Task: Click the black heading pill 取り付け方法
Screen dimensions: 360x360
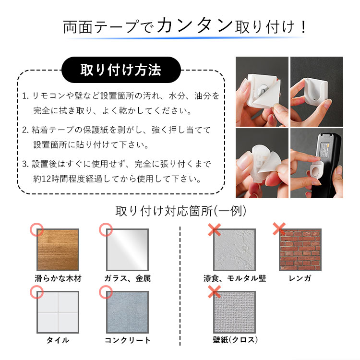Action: [121, 70]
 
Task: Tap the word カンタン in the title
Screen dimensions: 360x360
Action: [195, 26]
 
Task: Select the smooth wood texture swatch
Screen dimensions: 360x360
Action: [58, 250]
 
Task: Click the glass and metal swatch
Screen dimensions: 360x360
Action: [127, 250]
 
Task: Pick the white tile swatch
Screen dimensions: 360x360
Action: [58, 312]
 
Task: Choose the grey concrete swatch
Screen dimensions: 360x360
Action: [127, 312]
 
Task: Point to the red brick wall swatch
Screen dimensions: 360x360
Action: [300, 250]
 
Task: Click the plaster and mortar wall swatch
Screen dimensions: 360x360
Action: [234, 250]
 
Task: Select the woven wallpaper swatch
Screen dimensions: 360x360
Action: [234, 312]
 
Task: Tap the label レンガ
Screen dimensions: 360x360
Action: [300, 278]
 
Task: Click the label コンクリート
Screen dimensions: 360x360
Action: [127, 340]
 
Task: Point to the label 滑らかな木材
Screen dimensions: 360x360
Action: [58, 278]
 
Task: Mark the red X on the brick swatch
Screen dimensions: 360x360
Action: [279, 228]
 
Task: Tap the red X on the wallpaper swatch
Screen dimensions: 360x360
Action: [214, 291]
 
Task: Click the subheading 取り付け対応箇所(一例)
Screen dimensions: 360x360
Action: [180, 211]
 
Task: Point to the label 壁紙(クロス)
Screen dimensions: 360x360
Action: [235, 340]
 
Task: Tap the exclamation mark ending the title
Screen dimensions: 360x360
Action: [303, 26]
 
